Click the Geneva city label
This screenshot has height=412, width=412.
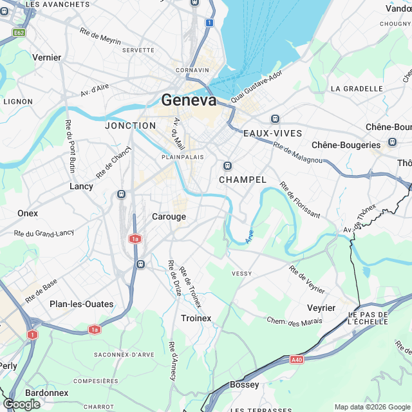[x=189, y=100]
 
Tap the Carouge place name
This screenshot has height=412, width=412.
[x=169, y=217]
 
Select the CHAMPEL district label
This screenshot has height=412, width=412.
[x=242, y=180]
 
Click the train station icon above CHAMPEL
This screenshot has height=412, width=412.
[x=227, y=165]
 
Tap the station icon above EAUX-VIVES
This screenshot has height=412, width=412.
[x=275, y=118]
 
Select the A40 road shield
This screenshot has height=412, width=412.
[x=297, y=360]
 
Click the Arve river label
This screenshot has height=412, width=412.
[x=250, y=236]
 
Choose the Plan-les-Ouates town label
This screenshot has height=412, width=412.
[x=81, y=304]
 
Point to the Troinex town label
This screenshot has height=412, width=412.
[x=196, y=318]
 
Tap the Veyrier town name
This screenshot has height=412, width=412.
[x=321, y=308]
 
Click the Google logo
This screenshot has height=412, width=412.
[x=21, y=404]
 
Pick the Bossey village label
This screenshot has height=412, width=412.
[x=244, y=384]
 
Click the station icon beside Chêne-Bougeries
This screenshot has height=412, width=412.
[x=392, y=142]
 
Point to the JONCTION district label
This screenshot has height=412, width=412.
[x=130, y=126]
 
